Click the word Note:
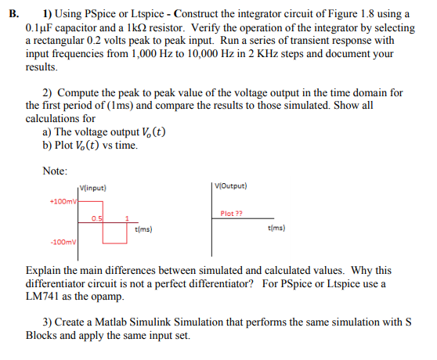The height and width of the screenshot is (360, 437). [x=56, y=171]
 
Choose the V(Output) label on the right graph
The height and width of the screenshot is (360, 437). [x=232, y=187]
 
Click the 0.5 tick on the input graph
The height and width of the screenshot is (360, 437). [x=96, y=217]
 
